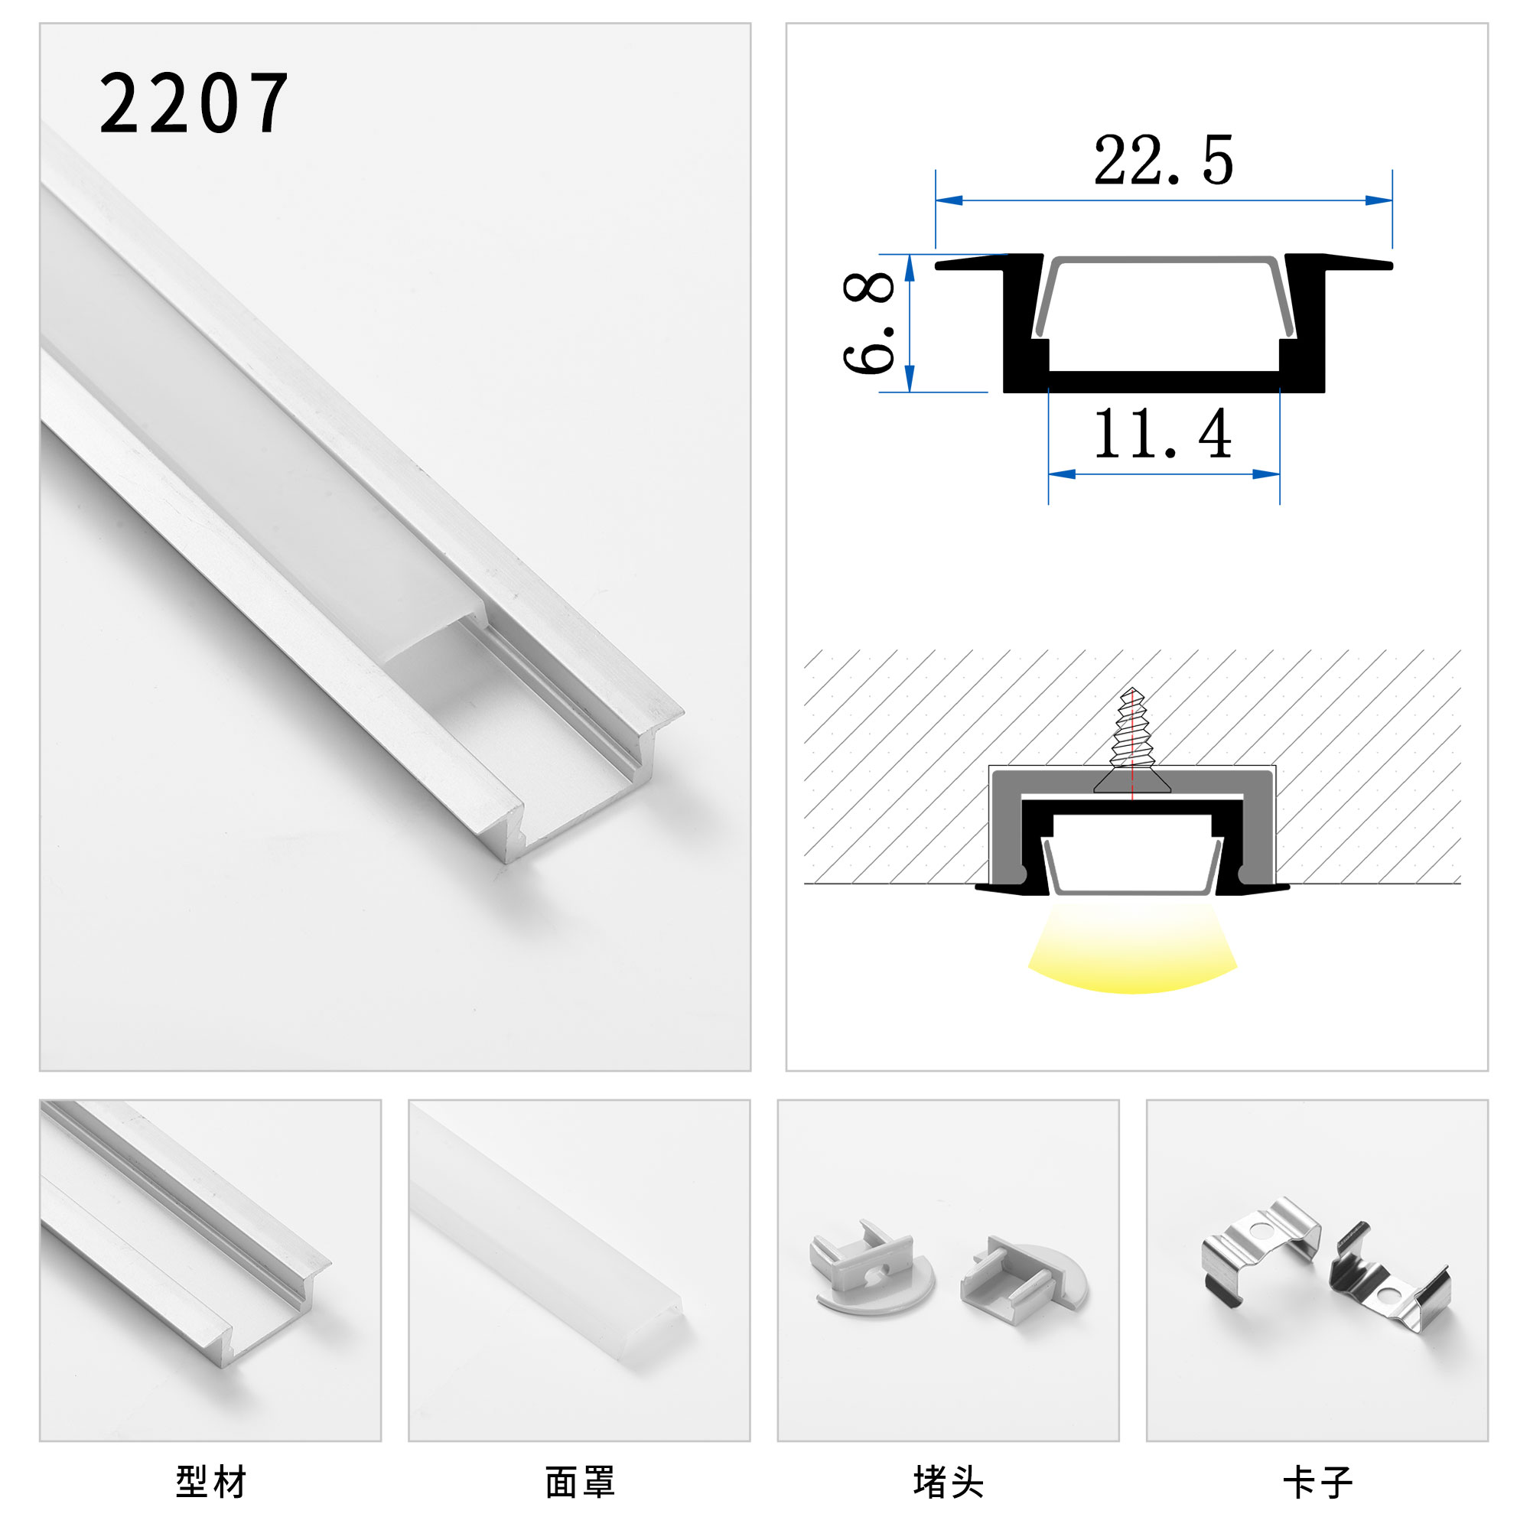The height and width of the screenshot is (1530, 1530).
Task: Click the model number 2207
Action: pyautogui.click(x=194, y=103)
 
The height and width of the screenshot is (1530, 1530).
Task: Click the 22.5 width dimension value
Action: pyautogui.click(x=1163, y=161)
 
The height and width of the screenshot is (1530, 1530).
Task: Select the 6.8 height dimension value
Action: pyautogui.click(x=869, y=322)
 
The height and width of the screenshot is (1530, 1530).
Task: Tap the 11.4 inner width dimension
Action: pyautogui.click(x=1162, y=435)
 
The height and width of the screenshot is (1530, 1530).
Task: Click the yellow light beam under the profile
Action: pyautogui.click(x=1131, y=950)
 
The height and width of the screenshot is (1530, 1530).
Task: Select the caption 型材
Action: pyautogui.click(x=210, y=1482)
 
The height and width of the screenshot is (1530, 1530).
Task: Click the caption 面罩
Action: pyautogui.click(x=580, y=1482)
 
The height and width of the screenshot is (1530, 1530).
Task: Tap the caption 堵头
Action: pyautogui.click(x=948, y=1482)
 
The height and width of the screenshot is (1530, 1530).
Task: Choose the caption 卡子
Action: pyautogui.click(x=1317, y=1482)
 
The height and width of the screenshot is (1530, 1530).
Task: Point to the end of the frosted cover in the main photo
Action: pyautogui.click(x=435, y=633)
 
